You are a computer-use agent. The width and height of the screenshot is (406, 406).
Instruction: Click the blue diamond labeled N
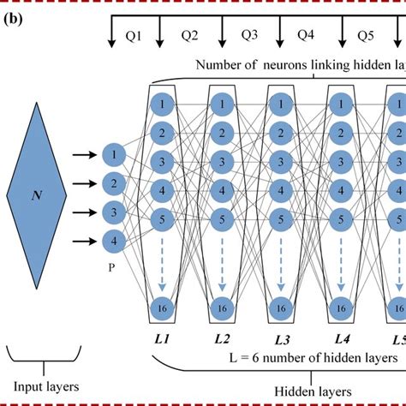(37, 195)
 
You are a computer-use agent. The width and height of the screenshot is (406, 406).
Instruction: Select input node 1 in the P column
(112, 155)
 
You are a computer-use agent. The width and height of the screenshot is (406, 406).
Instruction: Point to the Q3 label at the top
(250, 35)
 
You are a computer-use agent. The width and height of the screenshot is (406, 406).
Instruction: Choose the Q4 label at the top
(307, 35)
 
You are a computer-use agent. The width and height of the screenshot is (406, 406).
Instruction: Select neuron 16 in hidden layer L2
(222, 307)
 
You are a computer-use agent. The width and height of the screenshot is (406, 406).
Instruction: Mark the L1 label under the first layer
(162, 340)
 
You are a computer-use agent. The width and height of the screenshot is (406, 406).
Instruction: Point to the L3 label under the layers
(282, 340)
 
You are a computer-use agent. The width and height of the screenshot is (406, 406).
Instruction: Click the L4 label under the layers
(343, 339)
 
